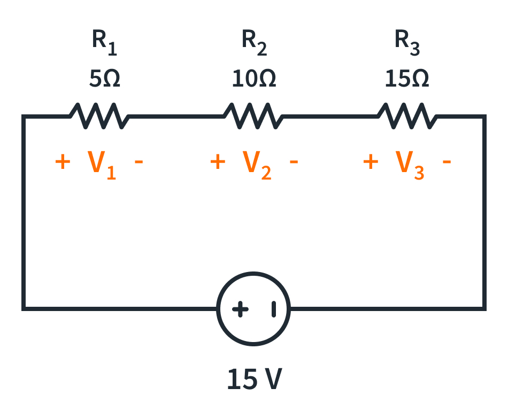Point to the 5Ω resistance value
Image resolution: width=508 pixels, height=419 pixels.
click(x=104, y=80)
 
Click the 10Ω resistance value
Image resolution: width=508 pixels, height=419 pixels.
click(x=254, y=80)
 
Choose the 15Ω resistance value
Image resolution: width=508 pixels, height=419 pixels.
click(x=407, y=80)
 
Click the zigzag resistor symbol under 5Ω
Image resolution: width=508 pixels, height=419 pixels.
click(x=99, y=116)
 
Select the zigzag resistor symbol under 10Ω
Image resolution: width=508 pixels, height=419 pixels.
click(x=251, y=116)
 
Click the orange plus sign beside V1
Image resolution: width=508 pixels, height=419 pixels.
click(x=63, y=161)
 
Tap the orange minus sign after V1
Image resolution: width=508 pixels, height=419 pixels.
click(x=139, y=161)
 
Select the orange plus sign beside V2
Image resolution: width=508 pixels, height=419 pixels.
click(x=217, y=161)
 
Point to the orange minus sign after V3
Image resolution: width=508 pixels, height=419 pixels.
click(x=447, y=161)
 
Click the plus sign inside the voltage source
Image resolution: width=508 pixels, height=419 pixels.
click(x=240, y=309)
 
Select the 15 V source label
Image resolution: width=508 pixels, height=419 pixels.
click(x=254, y=379)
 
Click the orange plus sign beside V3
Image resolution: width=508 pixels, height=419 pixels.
click(x=371, y=161)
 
